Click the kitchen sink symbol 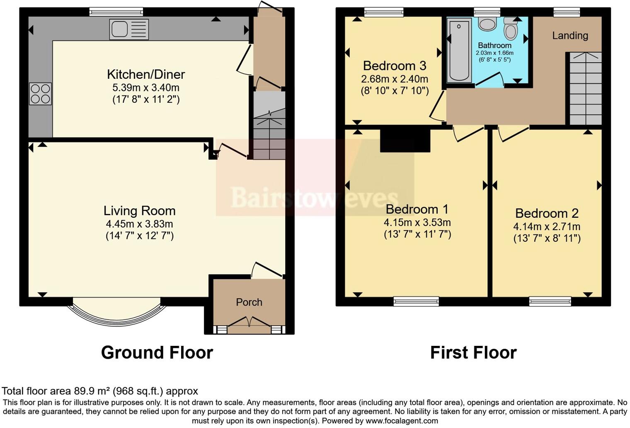pyautogui.click(x=129, y=29)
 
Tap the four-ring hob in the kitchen pyautogui.click(x=40, y=94)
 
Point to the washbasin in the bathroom pyautogui.click(x=487, y=24)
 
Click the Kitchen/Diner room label pyautogui.click(x=146, y=74)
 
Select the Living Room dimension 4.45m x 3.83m pyautogui.click(x=139, y=224)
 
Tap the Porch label pyautogui.click(x=249, y=302)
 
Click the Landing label pyautogui.click(x=570, y=36)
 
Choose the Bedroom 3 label pyautogui.click(x=394, y=66)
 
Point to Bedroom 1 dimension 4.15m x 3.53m pyautogui.click(x=417, y=222)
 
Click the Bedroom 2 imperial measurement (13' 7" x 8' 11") pyautogui.click(x=547, y=238)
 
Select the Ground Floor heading pyautogui.click(x=157, y=353)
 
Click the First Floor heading pyautogui.click(x=473, y=353)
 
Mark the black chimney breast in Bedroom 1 pyautogui.click(x=405, y=141)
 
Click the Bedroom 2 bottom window pyautogui.click(x=550, y=301)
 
